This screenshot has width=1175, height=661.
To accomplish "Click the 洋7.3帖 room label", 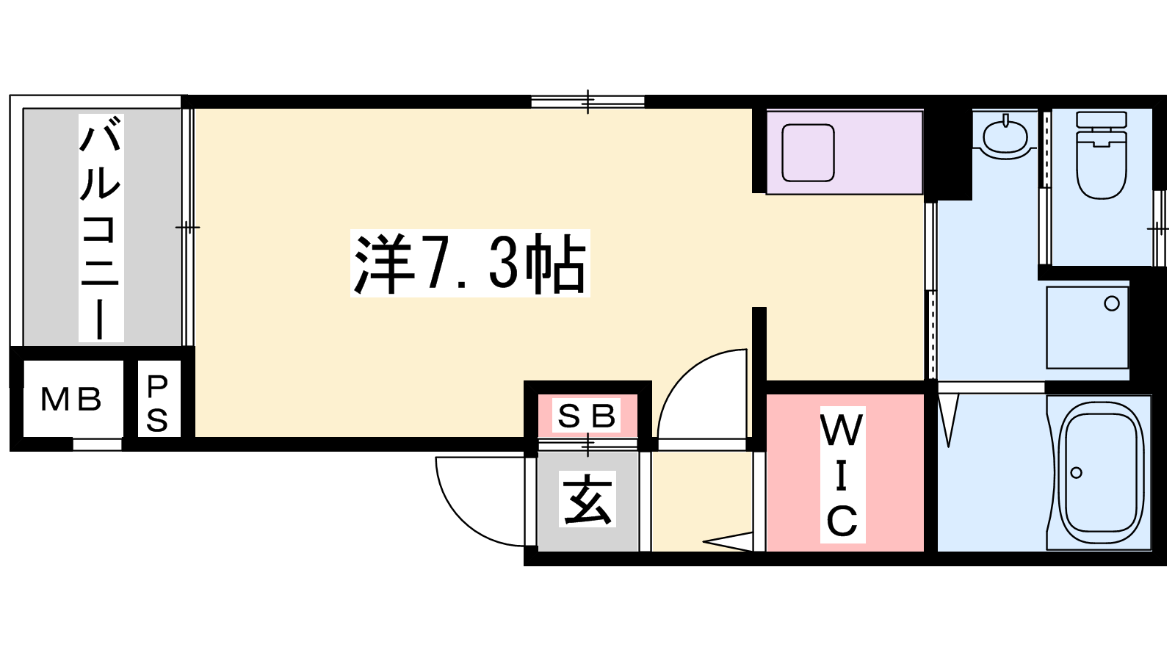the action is click(x=470, y=264).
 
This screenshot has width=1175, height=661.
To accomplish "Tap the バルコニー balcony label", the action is click(x=101, y=228).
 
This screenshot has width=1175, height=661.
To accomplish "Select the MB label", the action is click(x=70, y=400).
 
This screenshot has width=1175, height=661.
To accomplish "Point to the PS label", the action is click(x=157, y=403).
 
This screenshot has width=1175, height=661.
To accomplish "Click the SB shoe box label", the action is click(x=587, y=416).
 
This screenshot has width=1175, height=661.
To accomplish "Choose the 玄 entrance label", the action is click(x=587, y=499).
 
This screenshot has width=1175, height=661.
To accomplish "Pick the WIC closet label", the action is click(x=842, y=474).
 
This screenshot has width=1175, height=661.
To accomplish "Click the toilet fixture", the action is click(x=1101, y=155).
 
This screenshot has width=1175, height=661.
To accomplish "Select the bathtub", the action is click(x=1101, y=473).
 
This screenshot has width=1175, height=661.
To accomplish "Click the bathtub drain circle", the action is click(x=1077, y=473).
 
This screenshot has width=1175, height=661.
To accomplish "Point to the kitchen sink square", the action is click(x=808, y=153).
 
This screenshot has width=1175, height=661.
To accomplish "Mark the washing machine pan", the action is click(x=1088, y=328).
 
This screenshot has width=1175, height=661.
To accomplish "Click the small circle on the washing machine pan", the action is click(x=1112, y=303).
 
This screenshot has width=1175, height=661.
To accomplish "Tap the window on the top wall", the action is click(x=587, y=102).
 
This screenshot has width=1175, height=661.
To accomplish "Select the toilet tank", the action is click(x=1101, y=120).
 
